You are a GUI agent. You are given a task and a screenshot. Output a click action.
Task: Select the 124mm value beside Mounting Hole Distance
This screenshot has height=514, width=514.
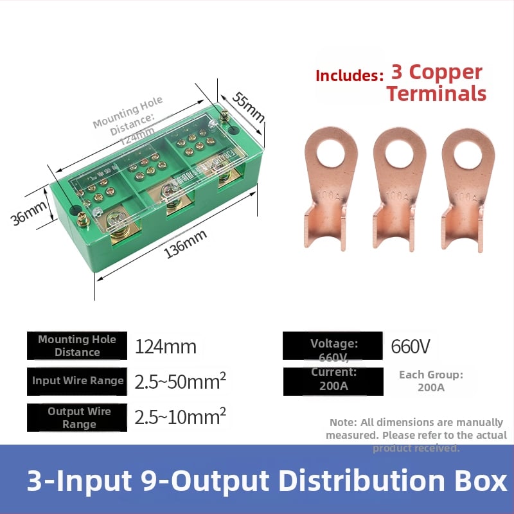pos(165,347)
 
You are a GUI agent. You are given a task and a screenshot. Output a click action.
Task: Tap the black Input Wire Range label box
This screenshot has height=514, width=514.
pos(77,381)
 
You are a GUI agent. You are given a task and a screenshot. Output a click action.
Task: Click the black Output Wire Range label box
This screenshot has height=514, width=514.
pos(77,418)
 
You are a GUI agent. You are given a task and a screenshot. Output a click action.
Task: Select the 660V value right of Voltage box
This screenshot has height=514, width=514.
pos(411,347)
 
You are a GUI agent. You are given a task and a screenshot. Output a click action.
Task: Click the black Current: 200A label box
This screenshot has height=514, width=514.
pos(333,380)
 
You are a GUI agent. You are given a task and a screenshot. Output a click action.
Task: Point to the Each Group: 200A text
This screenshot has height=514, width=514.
pos(430,381)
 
